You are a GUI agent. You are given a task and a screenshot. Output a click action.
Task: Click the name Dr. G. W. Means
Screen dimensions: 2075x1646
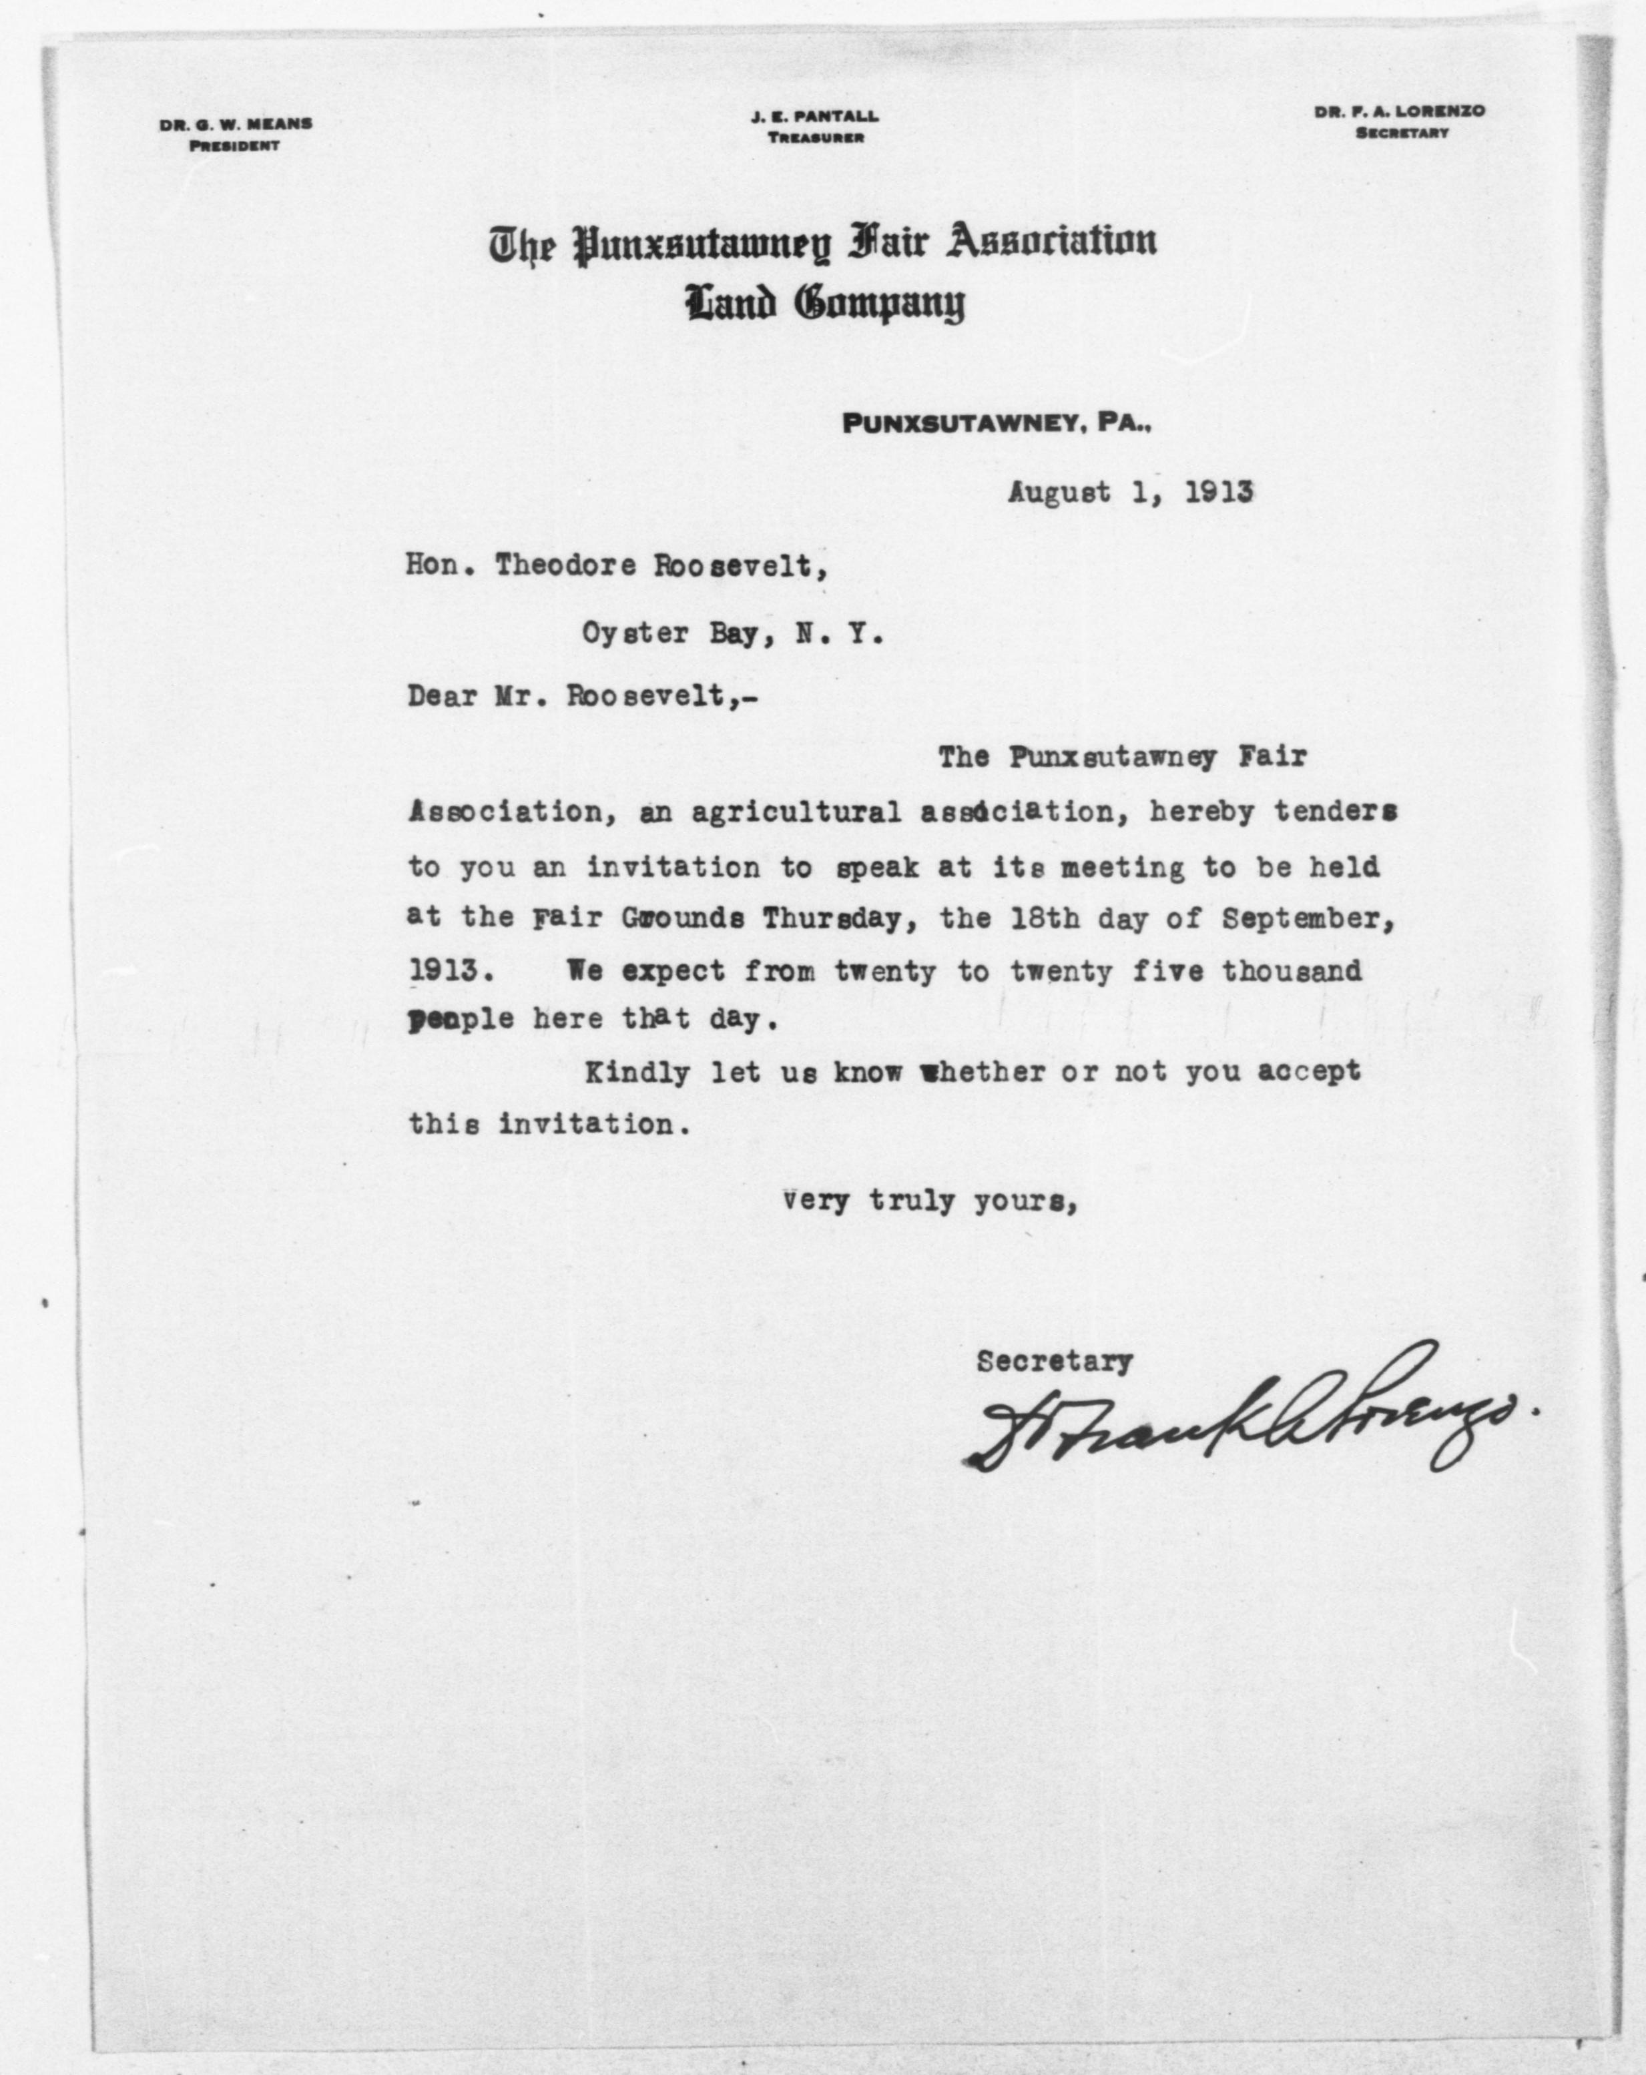tap(236, 124)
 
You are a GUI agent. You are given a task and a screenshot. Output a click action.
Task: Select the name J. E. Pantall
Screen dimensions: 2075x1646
tap(814, 116)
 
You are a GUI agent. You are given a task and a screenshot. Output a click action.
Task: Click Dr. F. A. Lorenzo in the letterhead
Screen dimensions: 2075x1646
tap(1400, 111)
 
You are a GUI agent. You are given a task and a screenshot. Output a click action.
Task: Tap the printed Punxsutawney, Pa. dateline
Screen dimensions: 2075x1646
tap(997, 423)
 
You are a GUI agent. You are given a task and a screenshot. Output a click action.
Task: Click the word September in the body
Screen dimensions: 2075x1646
tap(1306, 918)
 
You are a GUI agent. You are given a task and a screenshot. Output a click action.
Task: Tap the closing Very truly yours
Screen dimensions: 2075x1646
tap(928, 1202)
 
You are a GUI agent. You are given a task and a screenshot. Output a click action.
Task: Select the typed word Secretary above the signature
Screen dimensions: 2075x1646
tap(1054, 1362)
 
